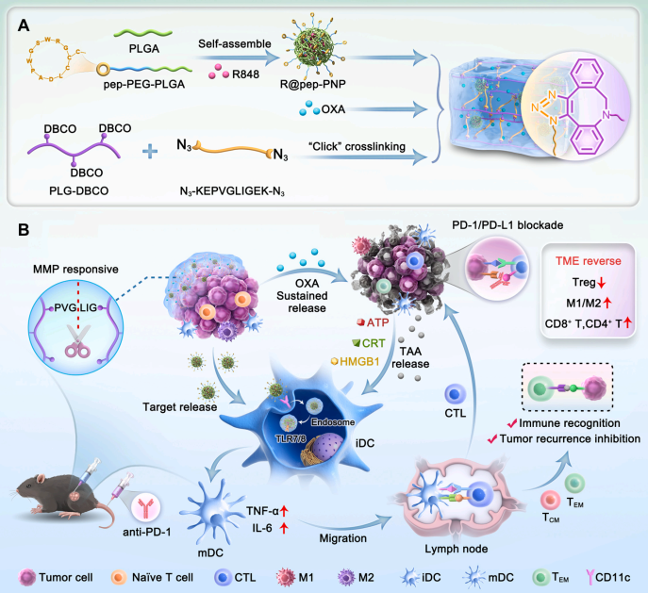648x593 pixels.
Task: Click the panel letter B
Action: pos(22,229)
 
